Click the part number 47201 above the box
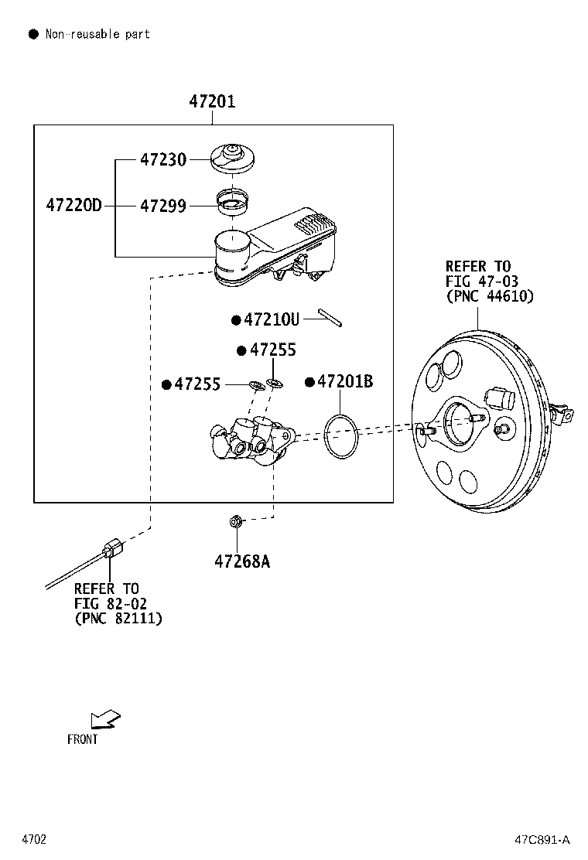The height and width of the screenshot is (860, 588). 212,101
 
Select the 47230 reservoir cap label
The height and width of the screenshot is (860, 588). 163,160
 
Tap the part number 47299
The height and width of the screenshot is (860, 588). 163,206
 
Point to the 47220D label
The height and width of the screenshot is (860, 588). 73,206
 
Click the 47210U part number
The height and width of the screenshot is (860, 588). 271,319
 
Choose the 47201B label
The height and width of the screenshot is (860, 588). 345,381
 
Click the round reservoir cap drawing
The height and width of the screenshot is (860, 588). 233,158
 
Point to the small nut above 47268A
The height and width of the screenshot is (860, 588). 236,523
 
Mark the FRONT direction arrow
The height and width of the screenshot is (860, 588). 104,719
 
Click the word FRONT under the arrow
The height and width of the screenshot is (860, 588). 83,739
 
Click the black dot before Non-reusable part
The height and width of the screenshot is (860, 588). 33,34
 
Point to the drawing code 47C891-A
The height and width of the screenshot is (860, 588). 542,839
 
